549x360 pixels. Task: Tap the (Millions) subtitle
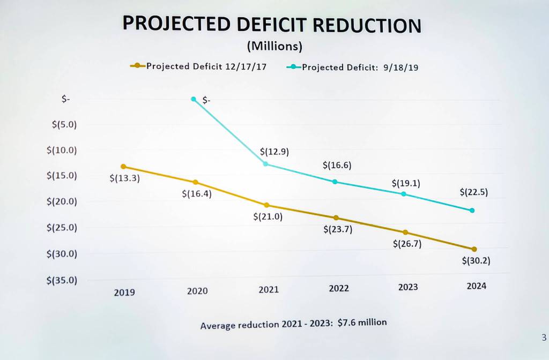pyautogui.click(x=274, y=47)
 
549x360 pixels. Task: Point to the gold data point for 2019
pyautogui.click(x=123, y=167)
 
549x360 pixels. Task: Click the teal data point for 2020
pyautogui.click(x=194, y=99)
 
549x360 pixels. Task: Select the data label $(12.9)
pyautogui.click(x=274, y=152)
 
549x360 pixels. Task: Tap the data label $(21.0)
pyautogui.click(x=268, y=217)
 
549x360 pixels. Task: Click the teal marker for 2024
pyautogui.click(x=472, y=211)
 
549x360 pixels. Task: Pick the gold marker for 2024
pyautogui.click(x=474, y=249)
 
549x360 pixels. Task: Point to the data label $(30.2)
pyautogui.click(x=476, y=261)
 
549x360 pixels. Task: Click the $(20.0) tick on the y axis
pyautogui.click(x=62, y=202)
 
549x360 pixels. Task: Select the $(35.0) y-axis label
pyautogui.click(x=62, y=280)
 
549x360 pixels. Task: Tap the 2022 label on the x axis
pyautogui.click(x=338, y=288)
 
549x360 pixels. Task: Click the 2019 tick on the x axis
pyautogui.click(x=124, y=292)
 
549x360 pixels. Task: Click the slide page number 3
pyautogui.click(x=543, y=338)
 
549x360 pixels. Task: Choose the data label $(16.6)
pyautogui.click(x=337, y=166)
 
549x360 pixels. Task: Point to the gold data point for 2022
pyautogui.click(x=336, y=218)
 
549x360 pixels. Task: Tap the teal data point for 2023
pyautogui.click(x=404, y=194)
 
